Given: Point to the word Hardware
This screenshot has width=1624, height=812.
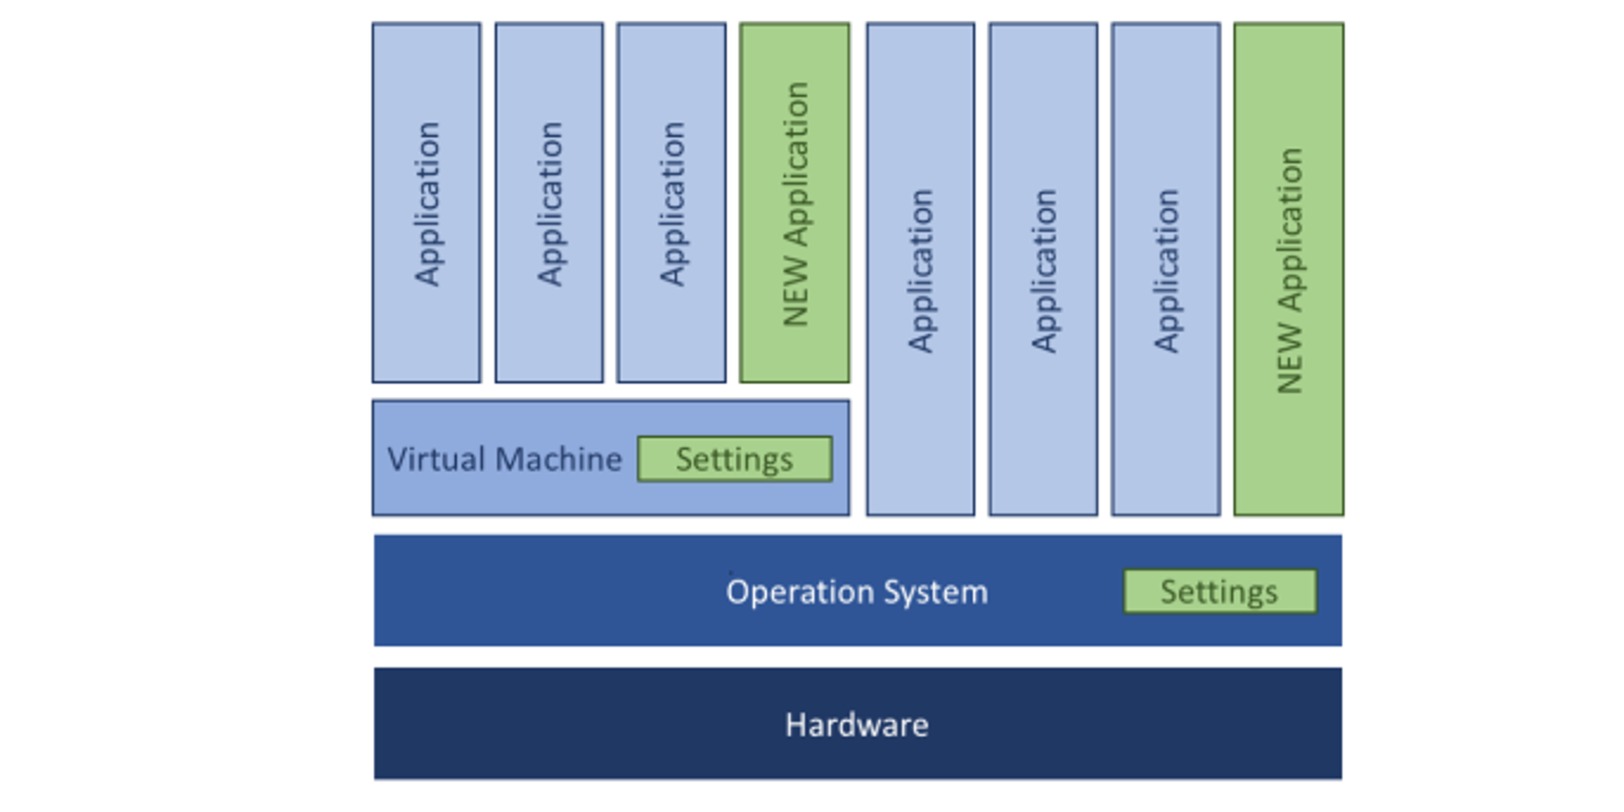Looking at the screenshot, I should click(x=857, y=725).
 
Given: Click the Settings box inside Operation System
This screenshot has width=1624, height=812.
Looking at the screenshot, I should click(x=1219, y=592).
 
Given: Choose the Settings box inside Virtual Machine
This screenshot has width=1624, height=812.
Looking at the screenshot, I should click(x=734, y=459).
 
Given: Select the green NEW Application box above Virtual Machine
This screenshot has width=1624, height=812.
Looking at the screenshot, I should click(x=795, y=203).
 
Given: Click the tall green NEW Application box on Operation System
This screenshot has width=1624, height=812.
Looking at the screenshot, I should click(x=1289, y=269).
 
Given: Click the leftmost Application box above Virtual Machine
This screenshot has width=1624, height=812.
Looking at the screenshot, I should click(x=426, y=203).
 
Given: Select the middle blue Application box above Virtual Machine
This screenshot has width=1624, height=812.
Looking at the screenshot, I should click(x=549, y=203).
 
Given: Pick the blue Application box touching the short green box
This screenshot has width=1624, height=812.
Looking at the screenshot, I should click(x=672, y=203).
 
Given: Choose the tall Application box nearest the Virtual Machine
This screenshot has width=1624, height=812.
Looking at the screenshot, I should click(x=920, y=269).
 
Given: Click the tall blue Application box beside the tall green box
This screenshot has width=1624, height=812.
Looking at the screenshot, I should click(x=1165, y=269).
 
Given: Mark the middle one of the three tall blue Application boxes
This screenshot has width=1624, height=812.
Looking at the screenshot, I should click(x=1043, y=269).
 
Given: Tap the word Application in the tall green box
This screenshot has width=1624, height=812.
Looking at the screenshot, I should click(x=1290, y=229).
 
